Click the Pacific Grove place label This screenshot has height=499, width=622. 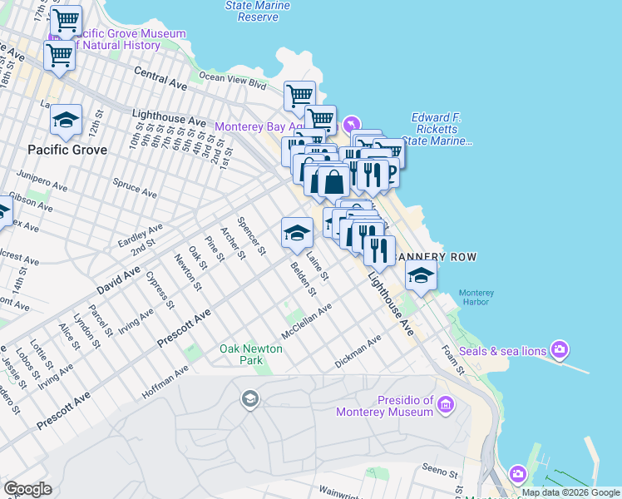point(67,150)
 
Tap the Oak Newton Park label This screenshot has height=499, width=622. point(252,354)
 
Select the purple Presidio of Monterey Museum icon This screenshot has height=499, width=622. point(447,405)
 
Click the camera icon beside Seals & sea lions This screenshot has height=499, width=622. point(560,349)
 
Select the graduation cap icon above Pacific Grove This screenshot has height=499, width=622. point(66,121)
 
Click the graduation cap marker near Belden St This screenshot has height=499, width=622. point(297,234)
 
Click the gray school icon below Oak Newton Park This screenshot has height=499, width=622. point(249,400)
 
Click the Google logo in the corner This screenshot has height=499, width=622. point(27,489)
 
